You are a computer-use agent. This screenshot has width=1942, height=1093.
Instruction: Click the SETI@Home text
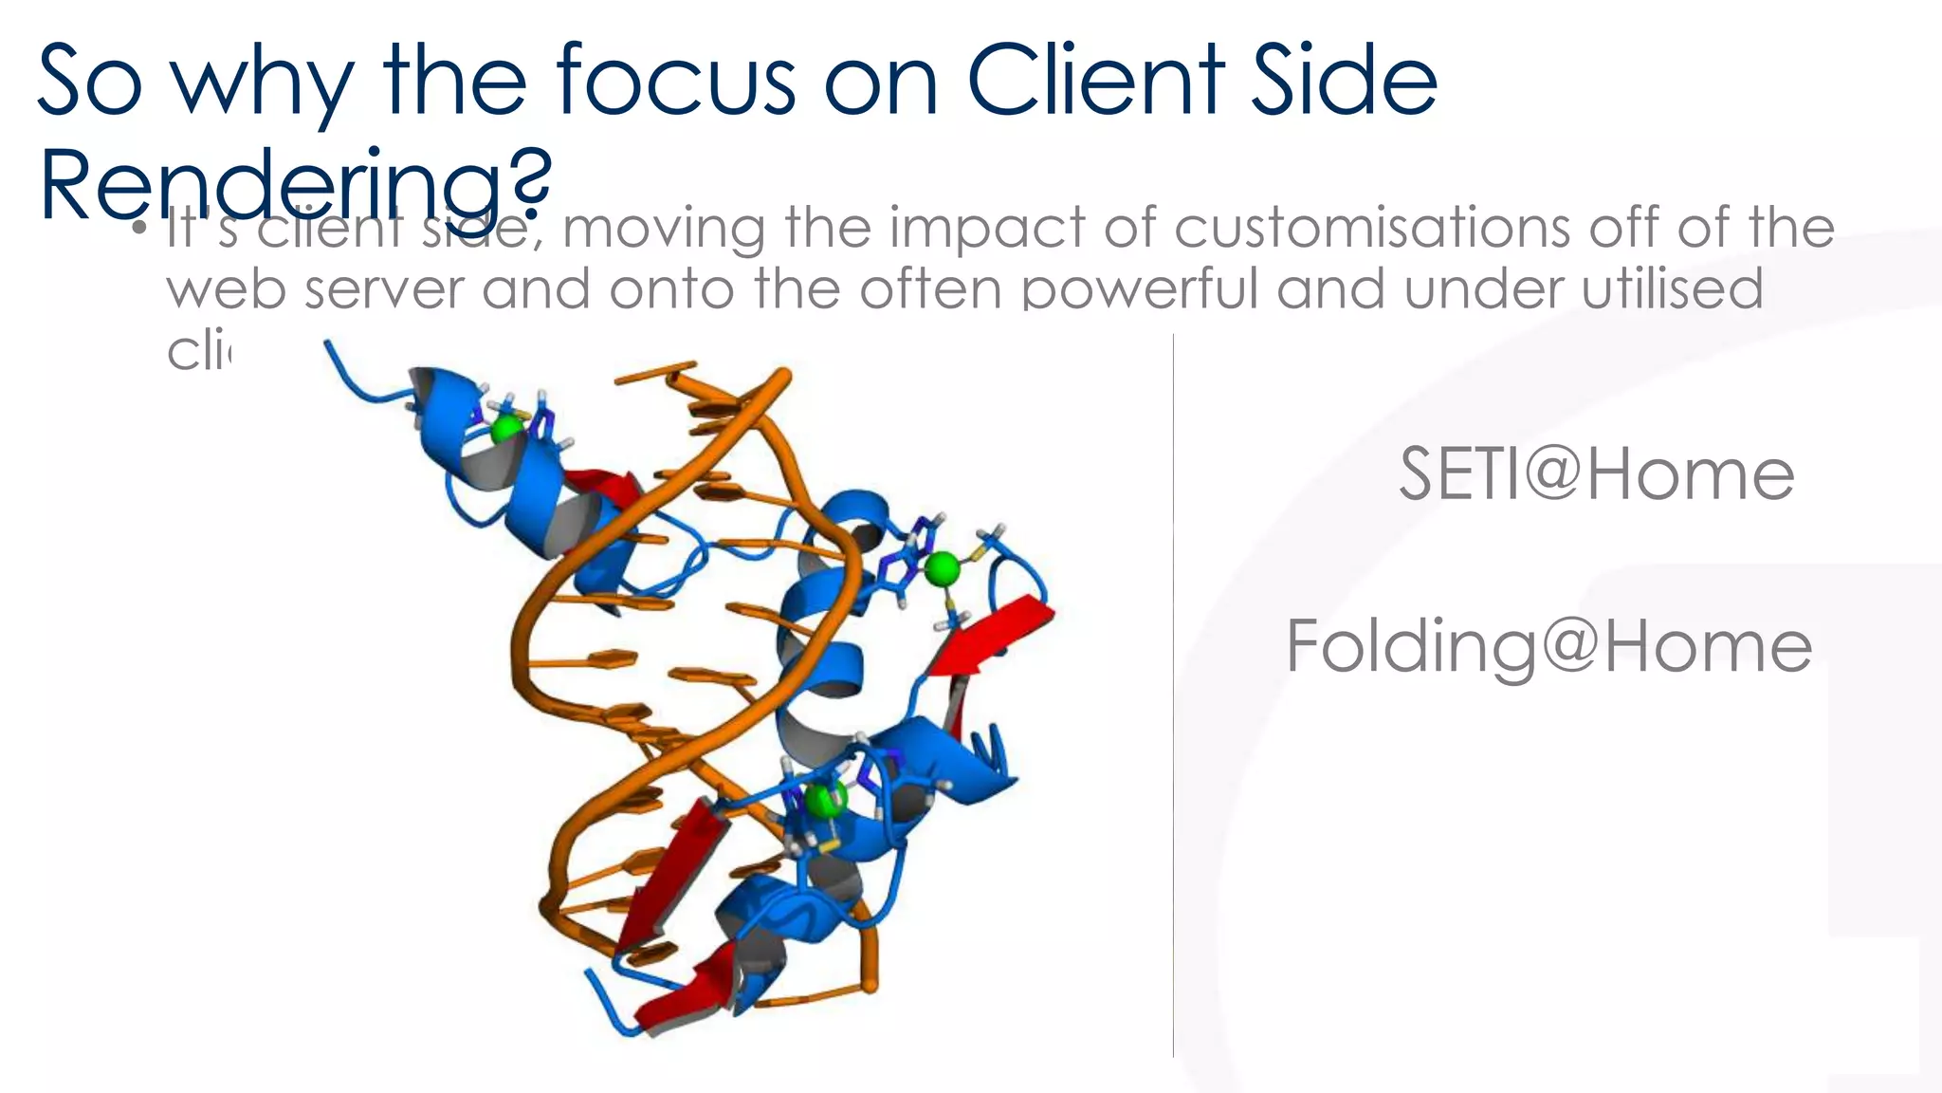[x=1597, y=473]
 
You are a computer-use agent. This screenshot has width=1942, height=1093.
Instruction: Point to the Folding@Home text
[x=1548, y=646]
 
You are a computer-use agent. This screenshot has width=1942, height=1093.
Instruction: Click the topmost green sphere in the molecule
[x=507, y=429]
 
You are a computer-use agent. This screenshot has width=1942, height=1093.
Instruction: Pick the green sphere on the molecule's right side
[x=942, y=569]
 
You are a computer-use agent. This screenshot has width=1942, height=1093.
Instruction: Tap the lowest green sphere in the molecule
[x=822, y=800]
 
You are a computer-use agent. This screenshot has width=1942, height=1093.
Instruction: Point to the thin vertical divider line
[x=1173, y=693]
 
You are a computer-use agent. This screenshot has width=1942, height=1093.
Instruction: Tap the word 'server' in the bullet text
[x=384, y=288]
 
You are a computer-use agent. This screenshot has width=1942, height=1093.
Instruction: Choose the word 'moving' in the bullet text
[x=664, y=230]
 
